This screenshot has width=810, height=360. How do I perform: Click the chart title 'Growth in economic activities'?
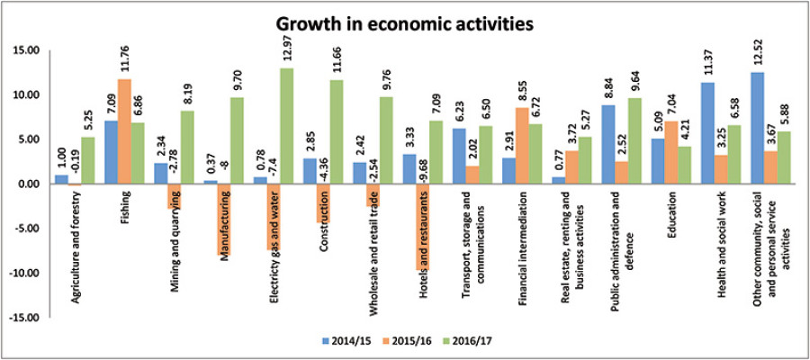coord(404,22)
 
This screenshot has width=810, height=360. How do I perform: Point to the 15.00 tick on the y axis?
coord(28,50)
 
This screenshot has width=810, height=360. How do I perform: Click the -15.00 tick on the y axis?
coord(26,318)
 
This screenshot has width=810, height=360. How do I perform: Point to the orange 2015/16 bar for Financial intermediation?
coord(520,146)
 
